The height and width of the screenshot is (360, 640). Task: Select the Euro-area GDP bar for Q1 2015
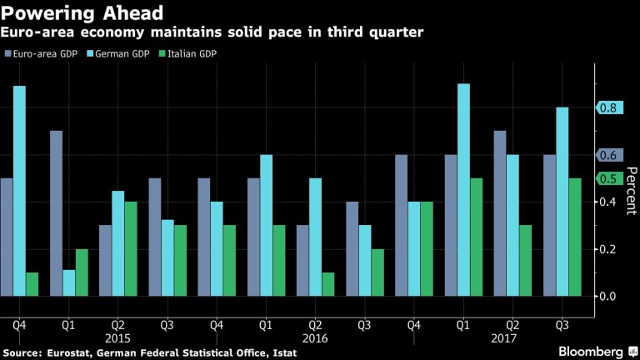(x=56, y=212)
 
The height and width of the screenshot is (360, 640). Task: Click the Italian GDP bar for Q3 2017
(x=574, y=237)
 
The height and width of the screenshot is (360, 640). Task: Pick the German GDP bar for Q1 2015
(x=68, y=282)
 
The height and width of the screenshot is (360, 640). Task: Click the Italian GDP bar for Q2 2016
(x=327, y=283)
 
